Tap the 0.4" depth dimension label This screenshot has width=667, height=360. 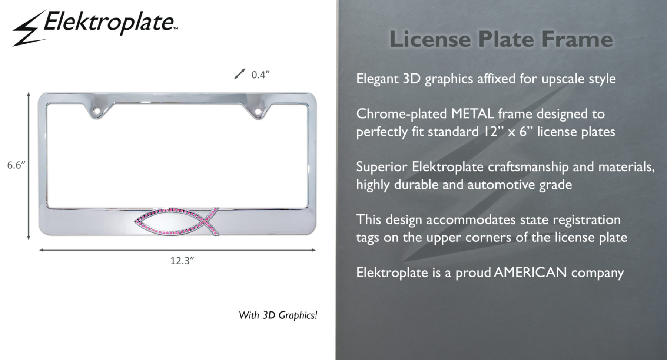tap(260, 75)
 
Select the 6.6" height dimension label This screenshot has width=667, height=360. tap(16, 165)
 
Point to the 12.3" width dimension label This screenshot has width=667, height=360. tap(182, 261)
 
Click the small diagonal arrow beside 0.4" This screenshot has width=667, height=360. tap(240, 73)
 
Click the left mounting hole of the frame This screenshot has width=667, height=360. tap(97, 110)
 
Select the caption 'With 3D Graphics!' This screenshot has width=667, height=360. tap(278, 315)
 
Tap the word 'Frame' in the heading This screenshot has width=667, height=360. tap(577, 39)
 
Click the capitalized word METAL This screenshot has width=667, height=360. tap(472, 114)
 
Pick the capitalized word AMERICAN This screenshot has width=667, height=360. tap(530, 273)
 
